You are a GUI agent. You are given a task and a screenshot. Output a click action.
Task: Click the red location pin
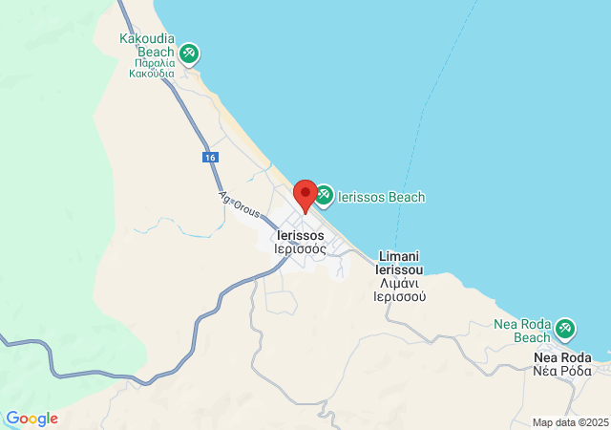coord(305,194)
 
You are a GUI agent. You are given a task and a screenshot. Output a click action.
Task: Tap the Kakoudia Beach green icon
coord(189,52)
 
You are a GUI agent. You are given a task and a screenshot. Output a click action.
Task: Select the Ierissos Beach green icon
coord(323,195)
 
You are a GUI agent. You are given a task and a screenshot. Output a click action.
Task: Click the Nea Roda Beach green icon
coord(565,329)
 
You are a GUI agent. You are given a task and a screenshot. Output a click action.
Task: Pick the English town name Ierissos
coord(300,235)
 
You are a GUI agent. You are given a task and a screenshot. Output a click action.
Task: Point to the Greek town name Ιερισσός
coord(300,248)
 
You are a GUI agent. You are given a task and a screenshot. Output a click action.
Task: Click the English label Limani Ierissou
coord(400,264)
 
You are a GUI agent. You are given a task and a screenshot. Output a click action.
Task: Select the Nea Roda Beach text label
coord(522,331)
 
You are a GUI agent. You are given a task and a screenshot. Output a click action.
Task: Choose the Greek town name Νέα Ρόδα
coord(562,371)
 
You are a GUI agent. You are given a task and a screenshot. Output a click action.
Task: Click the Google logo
coord(32,419)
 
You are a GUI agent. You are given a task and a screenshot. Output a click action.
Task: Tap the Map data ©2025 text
coord(569,422)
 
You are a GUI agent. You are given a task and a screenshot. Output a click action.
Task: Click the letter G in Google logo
coord(12,419)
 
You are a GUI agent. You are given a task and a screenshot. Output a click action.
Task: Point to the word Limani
coord(400,256)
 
